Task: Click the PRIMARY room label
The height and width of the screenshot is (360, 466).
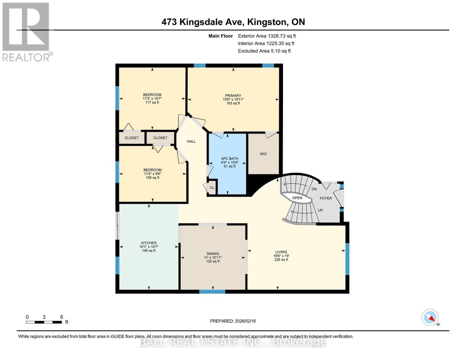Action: pyautogui.click(x=233, y=96)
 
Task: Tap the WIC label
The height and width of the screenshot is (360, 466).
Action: pyautogui.click(x=263, y=154)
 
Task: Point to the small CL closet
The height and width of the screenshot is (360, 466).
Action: pyautogui.click(x=212, y=188)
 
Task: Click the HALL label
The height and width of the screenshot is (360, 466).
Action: pyautogui.click(x=191, y=141)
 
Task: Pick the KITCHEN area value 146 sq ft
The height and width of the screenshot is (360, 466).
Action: pyautogui.click(x=149, y=250)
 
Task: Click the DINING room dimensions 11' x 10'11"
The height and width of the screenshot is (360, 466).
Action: pyautogui.click(x=213, y=257)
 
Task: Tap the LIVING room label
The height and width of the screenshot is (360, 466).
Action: pyautogui.click(x=281, y=252)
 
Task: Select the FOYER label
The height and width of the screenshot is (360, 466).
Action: pyautogui.click(x=326, y=198)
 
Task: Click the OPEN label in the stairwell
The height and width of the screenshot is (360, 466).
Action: pyautogui.click(x=297, y=198)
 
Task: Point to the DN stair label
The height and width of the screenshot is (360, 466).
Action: pyautogui.click(x=314, y=189)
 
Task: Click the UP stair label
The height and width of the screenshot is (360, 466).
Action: pyautogui.click(x=320, y=210)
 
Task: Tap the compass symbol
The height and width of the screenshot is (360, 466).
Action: pyautogui.click(x=430, y=317)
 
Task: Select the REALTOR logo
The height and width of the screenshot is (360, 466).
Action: pyautogui.click(x=26, y=31)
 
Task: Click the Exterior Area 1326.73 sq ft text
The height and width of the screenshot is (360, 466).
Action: pyautogui.click(x=267, y=36)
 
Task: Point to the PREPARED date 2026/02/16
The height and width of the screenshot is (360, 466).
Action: pyautogui.click(x=233, y=321)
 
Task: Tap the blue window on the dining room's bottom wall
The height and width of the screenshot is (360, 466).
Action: pyautogui.click(x=212, y=291)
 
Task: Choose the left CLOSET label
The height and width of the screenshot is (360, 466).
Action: pyautogui.click(x=132, y=138)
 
